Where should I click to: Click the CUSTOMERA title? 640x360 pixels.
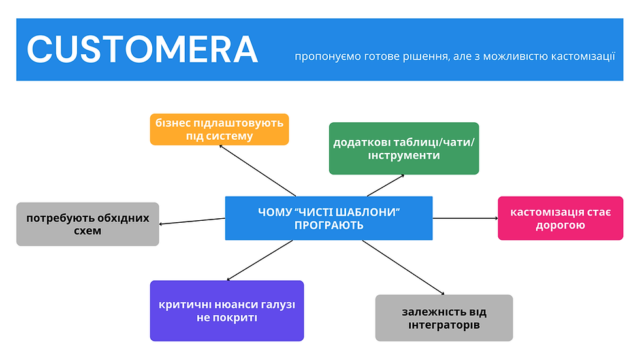coord(142,50)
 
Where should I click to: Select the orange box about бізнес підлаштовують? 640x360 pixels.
coord(219,129)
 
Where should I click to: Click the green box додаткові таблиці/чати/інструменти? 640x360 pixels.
coord(404,148)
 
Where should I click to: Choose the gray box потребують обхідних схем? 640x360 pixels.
coord(88,224)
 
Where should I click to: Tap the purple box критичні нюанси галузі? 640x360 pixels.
coord(227,311)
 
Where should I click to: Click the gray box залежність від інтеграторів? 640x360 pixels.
coord(444,318)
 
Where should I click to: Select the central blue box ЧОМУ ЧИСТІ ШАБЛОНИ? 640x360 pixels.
coord(328,218)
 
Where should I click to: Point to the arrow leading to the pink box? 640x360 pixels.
coord(465,218)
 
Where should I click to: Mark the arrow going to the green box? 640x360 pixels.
coord(385,186)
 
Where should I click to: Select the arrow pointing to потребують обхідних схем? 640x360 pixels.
coord(193,221)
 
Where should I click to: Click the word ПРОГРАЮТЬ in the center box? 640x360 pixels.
coord(328,225)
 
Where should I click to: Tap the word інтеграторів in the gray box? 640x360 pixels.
coord(444,325)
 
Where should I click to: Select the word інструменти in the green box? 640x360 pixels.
coord(404,156)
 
